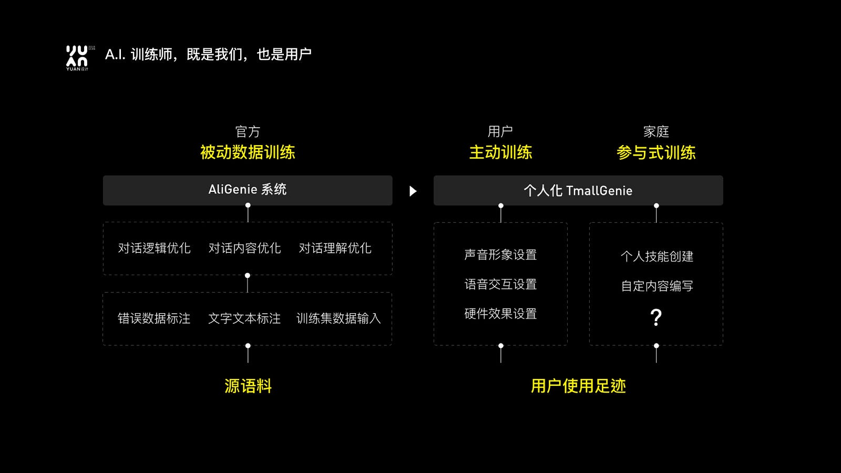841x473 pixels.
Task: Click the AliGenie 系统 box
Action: click(x=248, y=190)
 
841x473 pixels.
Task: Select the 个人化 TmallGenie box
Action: click(x=578, y=190)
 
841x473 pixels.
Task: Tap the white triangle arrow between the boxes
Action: click(x=413, y=191)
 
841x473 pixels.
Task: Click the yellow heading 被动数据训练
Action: click(x=248, y=152)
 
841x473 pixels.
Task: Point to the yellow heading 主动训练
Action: click(x=500, y=152)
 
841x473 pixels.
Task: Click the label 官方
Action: click(x=248, y=132)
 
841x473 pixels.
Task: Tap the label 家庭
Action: click(x=656, y=132)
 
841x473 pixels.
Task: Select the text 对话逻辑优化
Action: click(x=155, y=248)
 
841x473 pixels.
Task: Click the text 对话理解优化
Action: click(x=335, y=248)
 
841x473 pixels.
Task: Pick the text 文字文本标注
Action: click(x=244, y=318)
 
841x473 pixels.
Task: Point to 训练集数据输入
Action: click(x=339, y=318)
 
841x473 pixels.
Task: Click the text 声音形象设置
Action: click(x=500, y=255)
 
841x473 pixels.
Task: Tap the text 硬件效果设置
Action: click(x=500, y=314)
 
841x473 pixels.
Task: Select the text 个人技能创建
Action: click(x=657, y=256)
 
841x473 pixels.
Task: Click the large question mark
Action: click(x=656, y=317)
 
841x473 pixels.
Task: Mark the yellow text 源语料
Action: click(x=248, y=386)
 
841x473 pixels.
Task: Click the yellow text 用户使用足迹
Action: click(x=578, y=386)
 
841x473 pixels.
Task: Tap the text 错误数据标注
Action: click(x=154, y=318)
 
